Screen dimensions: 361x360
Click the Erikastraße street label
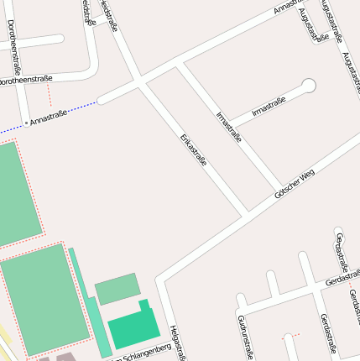click(193, 149)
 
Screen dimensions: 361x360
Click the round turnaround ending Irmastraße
click(309, 85)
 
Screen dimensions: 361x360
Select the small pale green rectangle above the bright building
click(117, 289)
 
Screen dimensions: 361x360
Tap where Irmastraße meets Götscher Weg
click(280, 188)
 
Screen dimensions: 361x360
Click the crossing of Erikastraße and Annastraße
click(139, 82)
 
